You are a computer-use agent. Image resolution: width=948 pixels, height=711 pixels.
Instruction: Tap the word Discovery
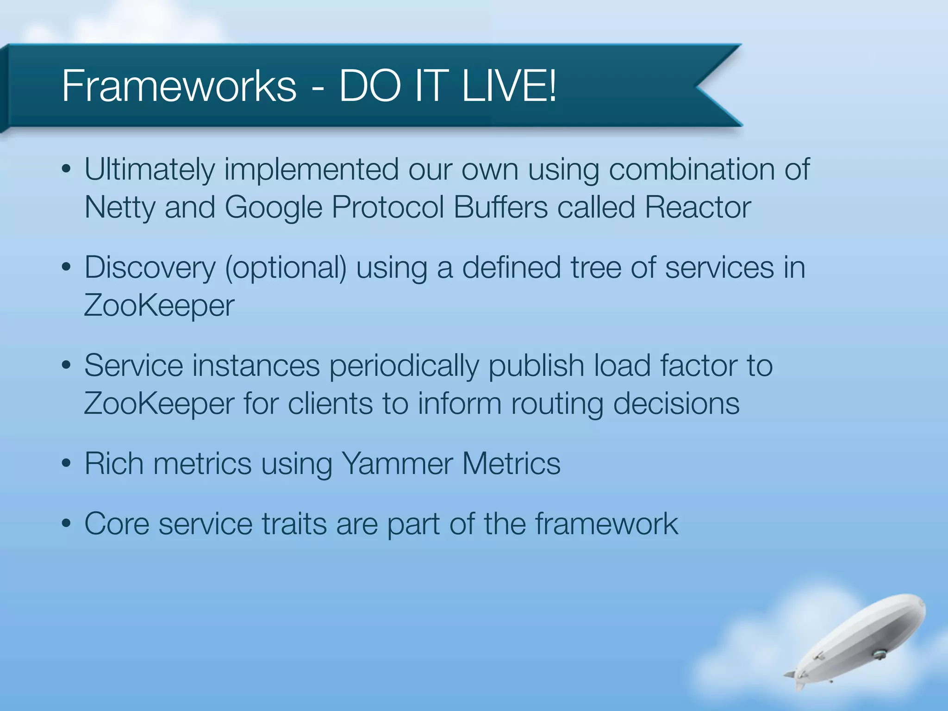click(150, 268)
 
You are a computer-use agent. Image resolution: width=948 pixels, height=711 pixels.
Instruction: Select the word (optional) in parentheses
click(286, 268)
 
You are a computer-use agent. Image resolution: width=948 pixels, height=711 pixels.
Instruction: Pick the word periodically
click(404, 366)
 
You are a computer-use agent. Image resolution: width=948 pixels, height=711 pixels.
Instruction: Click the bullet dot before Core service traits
click(66, 524)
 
